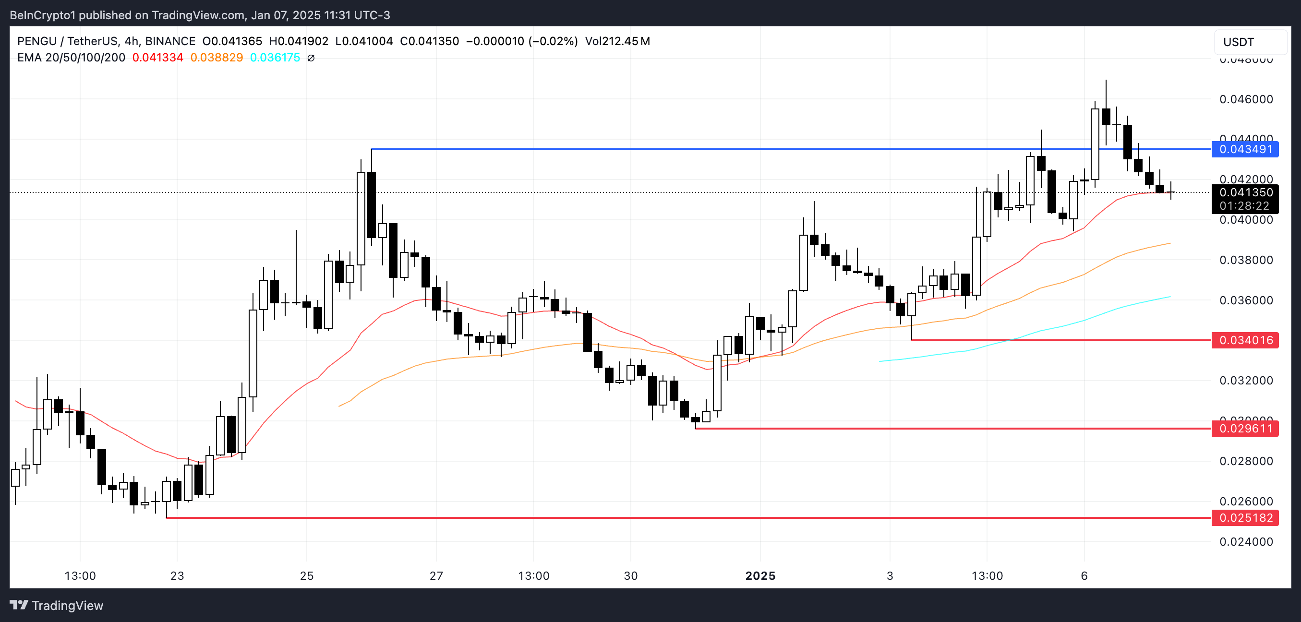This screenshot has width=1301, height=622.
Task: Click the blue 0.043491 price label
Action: (x=1245, y=149)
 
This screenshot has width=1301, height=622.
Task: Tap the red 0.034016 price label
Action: (x=1245, y=340)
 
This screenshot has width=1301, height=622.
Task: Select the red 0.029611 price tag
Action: (x=1245, y=429)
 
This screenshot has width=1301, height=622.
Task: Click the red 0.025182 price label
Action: (x=1245, y=518)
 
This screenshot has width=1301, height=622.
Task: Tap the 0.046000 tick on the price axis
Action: (x=1246, y=99)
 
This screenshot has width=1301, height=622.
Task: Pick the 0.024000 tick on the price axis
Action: (x=1246, y=542)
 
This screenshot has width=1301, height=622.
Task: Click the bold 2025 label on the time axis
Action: (x=760, y=576)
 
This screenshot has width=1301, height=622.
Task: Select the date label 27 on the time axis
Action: (x=436, y=576)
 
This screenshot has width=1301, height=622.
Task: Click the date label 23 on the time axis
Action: (x=177, y=576)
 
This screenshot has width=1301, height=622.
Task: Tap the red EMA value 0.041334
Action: (x=157, y=58)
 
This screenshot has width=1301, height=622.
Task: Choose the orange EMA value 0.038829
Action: (x=216, y=58)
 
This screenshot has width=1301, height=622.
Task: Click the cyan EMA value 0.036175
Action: (x=275, y=58)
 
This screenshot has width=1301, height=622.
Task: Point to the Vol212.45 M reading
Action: (x=617, y=41)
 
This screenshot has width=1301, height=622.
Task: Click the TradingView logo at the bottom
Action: (x=57, y=605)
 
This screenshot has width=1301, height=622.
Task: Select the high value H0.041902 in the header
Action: (x=299, y=41)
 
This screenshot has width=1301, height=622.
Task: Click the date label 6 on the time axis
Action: (x=1084, y=576)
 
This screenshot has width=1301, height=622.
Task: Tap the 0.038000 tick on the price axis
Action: (x=1246, y=260)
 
